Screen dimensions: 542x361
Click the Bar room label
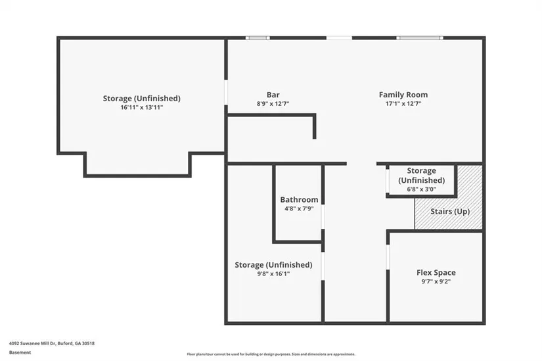coord(273,95)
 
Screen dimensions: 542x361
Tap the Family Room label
coord(403,95)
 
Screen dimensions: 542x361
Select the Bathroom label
coord(299,200)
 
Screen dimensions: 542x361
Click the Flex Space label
coord(436,273)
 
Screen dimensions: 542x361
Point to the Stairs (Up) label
coord(450,212)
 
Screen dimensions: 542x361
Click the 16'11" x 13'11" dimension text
coord(142,107)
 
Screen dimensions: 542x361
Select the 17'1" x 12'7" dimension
coord(403,103)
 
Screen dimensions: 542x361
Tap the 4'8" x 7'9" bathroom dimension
coord(299,208)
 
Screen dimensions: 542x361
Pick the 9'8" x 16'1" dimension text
coord(273,274)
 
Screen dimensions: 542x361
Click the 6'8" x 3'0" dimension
coord(421,189)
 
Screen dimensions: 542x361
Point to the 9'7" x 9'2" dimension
coord(436,281)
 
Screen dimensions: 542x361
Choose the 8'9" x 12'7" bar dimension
coord(273,103)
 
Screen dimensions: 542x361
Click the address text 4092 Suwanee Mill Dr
coord(32,343)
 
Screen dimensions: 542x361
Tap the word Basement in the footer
coord(20,352)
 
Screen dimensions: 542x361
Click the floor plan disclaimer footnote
coord(271,354)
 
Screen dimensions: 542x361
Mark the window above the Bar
coord(258,37)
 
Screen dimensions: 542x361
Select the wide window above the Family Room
coord(420,37)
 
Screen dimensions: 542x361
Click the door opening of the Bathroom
coord(323,217)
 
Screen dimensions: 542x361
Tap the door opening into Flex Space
coord(388,257)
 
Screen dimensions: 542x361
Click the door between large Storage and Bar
coord(226,93)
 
